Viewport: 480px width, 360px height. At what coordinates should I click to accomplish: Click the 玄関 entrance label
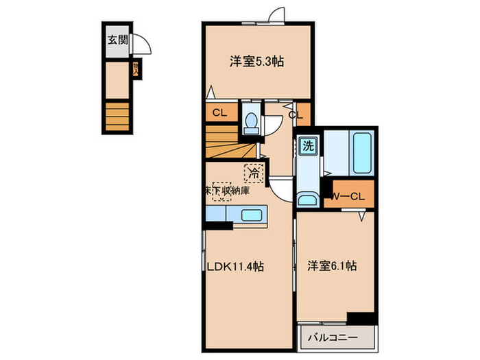click(116, 39)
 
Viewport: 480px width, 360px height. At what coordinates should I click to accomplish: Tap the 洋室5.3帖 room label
click(256, 61)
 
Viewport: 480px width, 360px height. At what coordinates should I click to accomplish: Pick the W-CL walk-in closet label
click(349, 197)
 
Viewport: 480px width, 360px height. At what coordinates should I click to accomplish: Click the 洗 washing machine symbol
click(308, 145)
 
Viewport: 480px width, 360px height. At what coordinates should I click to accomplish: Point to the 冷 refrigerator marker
click(254, 173)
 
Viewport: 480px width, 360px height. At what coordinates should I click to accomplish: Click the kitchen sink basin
click(252, 215)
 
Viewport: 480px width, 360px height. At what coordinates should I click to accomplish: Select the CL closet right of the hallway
click(297, 115)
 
